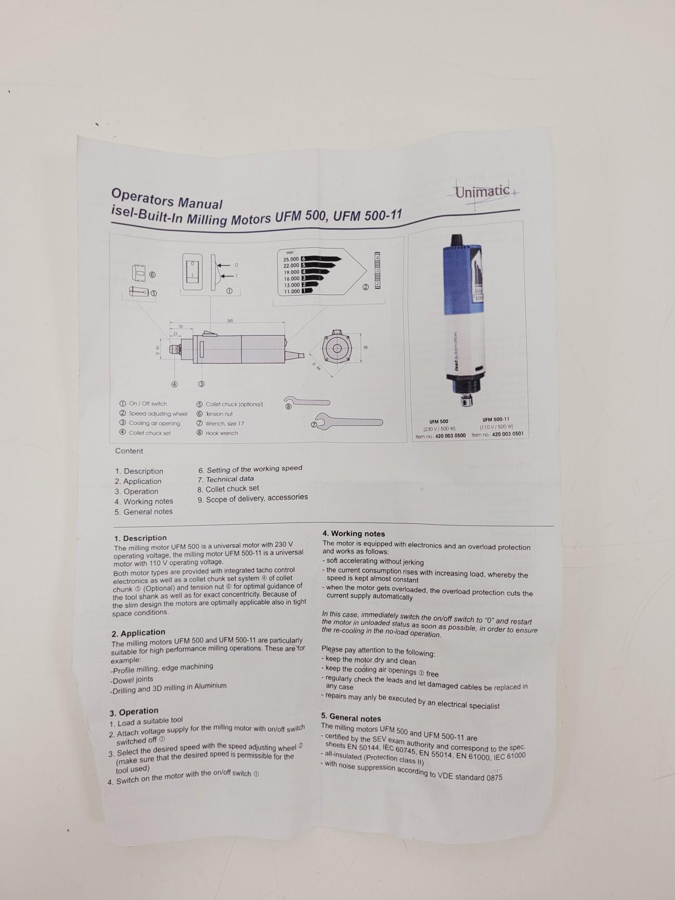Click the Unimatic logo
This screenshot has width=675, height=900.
pyautogui.click(x=482, y=192)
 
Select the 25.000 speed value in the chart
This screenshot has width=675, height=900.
pyautogui.click(x=291, y=259)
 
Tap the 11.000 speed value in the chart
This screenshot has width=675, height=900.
pyautogui.click(x=292, y=292)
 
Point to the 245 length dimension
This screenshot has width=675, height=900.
pyautogui.click(x=230, y=321)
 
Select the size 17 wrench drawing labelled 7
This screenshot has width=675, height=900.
pyautogui.click(x=349, y=422)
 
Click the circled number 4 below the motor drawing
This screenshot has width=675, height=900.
pyautogui.click(x=174, y=384)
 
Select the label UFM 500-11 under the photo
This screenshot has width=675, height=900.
pyautogui.click(x=496, y=419)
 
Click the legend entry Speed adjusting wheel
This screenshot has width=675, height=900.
pyautogui.click(x=158, y=414)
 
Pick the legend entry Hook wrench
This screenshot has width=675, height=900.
pyautogui.click(x=221, y=433)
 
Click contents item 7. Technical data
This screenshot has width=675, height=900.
pyautogui.click(x=226, y=479)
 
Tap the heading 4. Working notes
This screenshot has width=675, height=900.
pyautogui.click(x=354, y=533)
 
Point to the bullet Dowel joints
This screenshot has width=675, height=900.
pyautogui.click(x=132, y=680)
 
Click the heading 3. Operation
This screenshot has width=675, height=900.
pyautogui.click(x=134, y=712)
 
